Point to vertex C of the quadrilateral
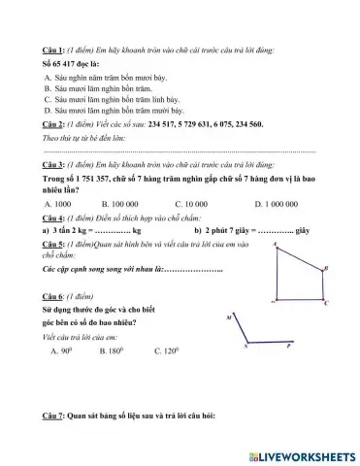tap(325, 303)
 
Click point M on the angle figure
tap(229, 317)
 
